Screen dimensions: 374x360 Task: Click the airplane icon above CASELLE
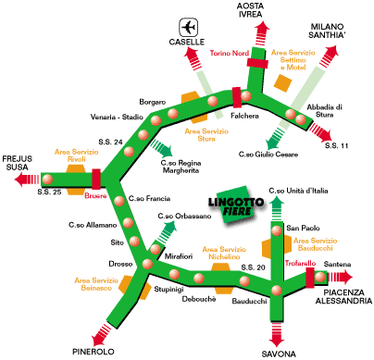189,27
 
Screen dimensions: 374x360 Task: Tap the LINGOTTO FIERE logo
237,205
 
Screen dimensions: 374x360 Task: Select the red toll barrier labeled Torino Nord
257,63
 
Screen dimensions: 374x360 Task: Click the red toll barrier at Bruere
96,179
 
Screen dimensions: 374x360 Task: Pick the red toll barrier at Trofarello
310,278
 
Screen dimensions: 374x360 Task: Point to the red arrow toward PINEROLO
101,334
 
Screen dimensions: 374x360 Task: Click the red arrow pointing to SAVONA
277,334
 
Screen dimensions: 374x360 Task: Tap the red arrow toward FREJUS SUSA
27,180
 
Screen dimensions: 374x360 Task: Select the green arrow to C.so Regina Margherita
162,148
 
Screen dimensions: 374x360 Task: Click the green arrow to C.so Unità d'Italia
277,208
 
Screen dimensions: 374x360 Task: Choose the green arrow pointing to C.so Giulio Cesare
275,139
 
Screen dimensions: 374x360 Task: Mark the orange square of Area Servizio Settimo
282,83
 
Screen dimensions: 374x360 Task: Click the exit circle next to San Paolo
277,230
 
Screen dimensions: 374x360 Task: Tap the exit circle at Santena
320,277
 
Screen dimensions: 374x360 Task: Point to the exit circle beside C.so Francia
119,201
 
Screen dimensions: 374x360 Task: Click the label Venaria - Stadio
117,118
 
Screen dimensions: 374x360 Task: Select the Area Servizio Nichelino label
224,253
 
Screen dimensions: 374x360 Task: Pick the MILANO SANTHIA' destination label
327,31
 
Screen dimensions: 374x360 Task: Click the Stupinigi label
168,289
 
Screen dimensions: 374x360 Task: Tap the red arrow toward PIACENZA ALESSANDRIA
340,277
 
